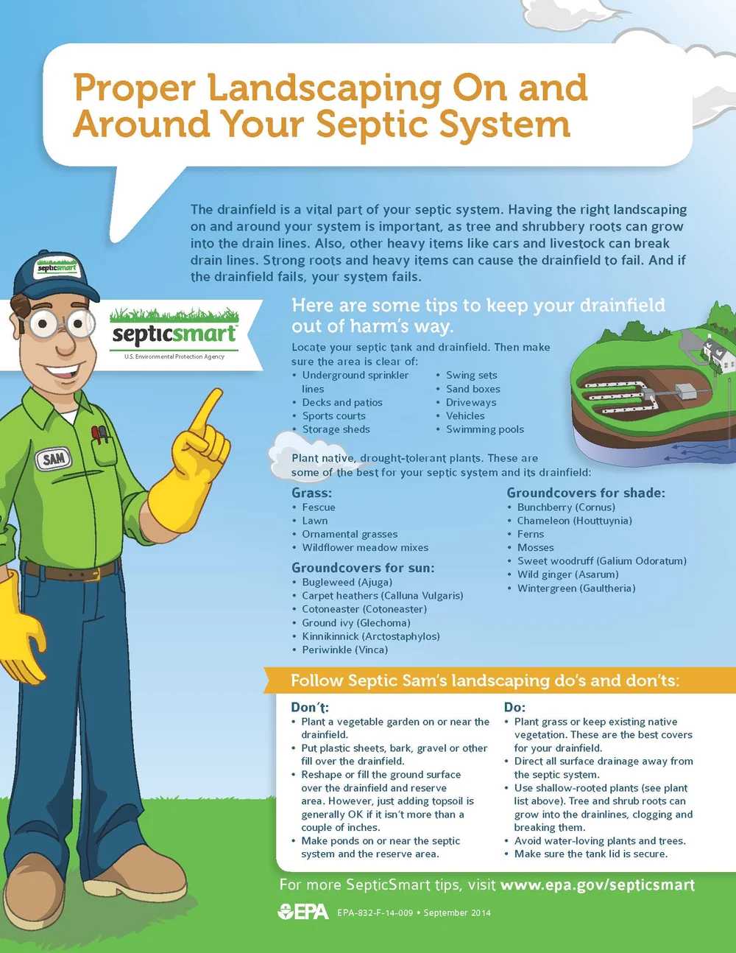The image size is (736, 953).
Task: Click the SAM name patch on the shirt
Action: [54, 460]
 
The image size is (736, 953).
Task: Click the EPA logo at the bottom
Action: [303, 912]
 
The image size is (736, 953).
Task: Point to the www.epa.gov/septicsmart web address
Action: [597, 885]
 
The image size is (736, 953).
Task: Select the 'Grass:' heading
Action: [311, 493]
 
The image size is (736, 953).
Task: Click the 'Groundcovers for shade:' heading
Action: [585, 493]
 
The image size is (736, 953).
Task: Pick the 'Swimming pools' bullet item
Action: [484, 429]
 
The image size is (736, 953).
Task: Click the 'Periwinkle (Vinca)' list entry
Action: [344, 650]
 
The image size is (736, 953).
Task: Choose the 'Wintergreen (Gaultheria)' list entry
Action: [576, 588]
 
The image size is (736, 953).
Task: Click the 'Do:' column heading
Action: [514, 707]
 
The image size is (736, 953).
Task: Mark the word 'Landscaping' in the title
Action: [324, 88]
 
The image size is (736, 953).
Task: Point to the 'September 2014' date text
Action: [457, 912]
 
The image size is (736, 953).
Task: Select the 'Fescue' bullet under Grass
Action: [318, 507]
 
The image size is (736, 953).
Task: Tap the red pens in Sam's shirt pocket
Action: [99, 434]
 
